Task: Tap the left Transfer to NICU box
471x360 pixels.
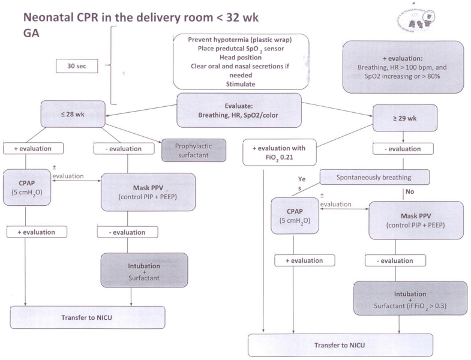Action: pos(88,317)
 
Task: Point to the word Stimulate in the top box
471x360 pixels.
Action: pos(241,85)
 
